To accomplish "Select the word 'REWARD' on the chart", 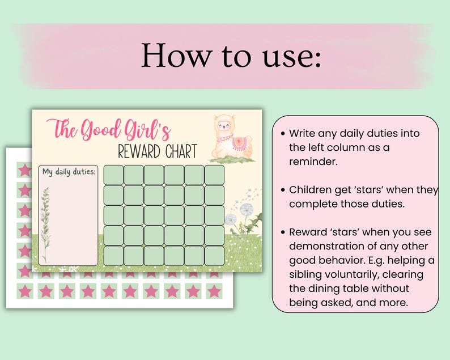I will coord(139,151).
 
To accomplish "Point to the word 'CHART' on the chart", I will coord(180,151).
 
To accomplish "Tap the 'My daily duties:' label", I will coord(69,171).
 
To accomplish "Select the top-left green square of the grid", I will coord(113,175).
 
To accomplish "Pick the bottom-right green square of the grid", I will coord(214,256).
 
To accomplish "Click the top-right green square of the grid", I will coord(214,175).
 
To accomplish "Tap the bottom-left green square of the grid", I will coord(113,256).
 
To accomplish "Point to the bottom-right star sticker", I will coord(214,291).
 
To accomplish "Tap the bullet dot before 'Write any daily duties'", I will coord(283,134).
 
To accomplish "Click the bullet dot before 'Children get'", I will coord(283,190).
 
